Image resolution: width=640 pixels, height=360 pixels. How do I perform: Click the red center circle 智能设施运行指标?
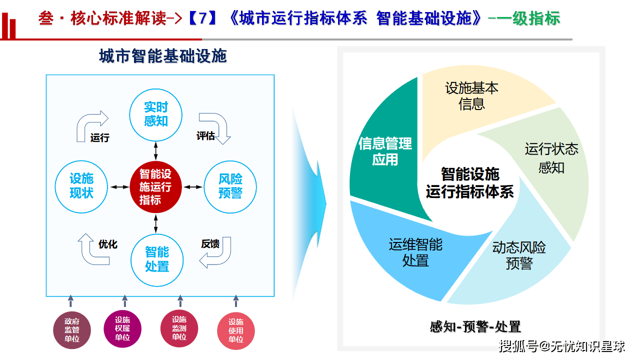[155, 187]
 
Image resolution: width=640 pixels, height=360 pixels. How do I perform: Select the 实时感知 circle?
[155, 114]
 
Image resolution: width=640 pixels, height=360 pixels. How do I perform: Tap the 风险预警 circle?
[230, 187]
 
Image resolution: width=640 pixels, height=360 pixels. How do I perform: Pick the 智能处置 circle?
[156, 259]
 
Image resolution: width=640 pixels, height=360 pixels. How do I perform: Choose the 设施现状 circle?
[81, 186]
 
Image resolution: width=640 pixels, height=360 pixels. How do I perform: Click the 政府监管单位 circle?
[72, 330]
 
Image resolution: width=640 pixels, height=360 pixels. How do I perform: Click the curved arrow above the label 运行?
[92, 122]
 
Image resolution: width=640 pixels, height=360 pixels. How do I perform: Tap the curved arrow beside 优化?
[94, 251]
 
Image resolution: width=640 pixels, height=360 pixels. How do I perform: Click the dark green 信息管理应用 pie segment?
[385, 150]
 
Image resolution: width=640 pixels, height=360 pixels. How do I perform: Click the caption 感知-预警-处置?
[475, 327]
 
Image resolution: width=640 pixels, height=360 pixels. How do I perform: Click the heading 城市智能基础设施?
[163, 56]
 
